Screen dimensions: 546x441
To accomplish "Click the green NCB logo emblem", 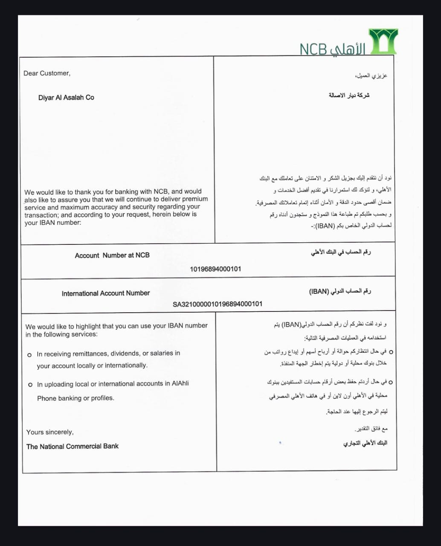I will tap(383, 41).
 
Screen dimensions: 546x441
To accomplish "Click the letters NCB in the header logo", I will tap(313, 49).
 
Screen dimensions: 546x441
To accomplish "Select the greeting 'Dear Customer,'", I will tap(47, 73).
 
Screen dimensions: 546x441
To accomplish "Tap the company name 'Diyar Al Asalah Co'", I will tap(66, 97).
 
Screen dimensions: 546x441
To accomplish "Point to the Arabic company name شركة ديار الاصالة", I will tap(349, 95).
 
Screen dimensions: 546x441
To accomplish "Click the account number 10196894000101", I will tap(215, 269).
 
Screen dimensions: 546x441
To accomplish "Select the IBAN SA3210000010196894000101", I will tap(218, 304).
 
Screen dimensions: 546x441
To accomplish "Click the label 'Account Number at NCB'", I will tap(112, 255).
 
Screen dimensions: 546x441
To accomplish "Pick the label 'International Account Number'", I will tap(106, 293).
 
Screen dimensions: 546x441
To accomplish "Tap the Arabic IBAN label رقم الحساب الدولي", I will tap(340, 291).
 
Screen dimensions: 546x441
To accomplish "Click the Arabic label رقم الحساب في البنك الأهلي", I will tap(341, 252).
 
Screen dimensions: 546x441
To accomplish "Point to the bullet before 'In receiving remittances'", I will tap(29, 354).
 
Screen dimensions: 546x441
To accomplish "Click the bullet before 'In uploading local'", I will tap(30, 385).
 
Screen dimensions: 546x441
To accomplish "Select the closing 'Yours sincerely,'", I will tap(50, 432).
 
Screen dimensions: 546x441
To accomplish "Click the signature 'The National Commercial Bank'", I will tap(73, 446).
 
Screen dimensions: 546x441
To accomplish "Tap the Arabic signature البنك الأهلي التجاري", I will tap(365, 443).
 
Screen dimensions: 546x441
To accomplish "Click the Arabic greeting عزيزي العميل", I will tap(371, 76).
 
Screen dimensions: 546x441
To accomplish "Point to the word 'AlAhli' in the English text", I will tap(180, 383).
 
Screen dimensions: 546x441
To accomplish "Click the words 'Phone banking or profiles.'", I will tap(75, 398).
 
